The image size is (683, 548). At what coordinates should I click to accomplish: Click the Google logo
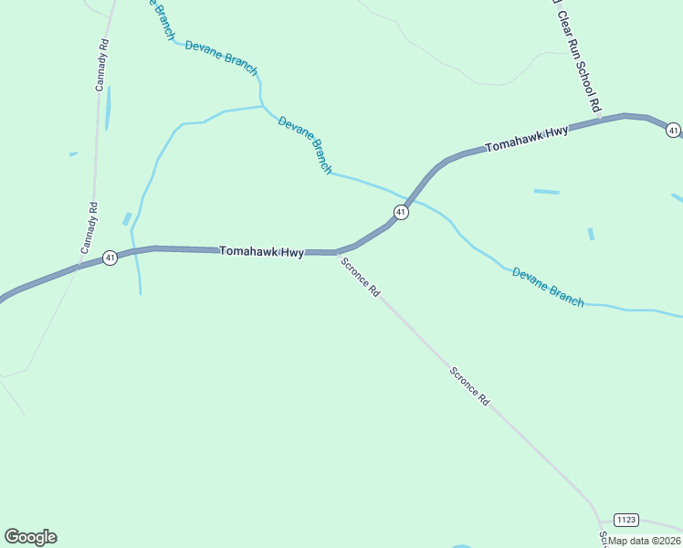click(31, 537)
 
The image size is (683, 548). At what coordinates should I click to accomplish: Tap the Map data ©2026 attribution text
click(645, 540)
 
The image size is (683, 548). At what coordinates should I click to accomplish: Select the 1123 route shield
click(625, 520)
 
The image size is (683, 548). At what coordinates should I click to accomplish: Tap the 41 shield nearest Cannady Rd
click(110, 258)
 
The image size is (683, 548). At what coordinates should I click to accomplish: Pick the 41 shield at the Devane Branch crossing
click(400, 212)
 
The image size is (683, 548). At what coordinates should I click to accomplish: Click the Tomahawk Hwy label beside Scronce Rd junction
click(261, 251)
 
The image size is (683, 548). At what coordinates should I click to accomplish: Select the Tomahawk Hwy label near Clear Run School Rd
click(527, 139)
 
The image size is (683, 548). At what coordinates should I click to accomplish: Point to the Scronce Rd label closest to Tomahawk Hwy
click(360, 277)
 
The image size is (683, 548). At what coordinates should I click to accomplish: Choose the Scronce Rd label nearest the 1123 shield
click(469, 385)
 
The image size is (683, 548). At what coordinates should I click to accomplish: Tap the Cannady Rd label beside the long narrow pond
click(102, 64)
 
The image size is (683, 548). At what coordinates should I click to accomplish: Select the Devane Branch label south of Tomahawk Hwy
click(547, 286)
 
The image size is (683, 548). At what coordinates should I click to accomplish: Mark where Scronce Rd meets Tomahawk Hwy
click(337, 252)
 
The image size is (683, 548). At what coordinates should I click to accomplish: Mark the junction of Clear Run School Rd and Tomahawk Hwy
click(603, 118)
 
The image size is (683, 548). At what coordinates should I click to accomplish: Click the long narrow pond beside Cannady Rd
click(108, 108)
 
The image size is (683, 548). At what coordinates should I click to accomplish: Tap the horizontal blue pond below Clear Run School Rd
click(546, 192)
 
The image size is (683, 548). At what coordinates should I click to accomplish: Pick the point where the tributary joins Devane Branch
click(262, 106)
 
